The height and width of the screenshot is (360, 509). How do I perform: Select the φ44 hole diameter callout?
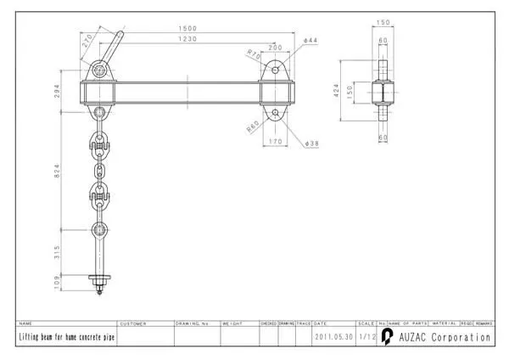[310, 41]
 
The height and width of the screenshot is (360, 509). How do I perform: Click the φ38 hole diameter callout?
[310, 143]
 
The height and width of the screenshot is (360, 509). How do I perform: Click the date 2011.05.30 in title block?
[333, 337]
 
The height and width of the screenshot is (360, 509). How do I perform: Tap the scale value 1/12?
[366, 337]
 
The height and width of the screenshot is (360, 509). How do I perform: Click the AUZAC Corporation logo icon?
[387, 337]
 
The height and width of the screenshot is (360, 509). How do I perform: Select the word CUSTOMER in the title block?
[133, 323]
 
